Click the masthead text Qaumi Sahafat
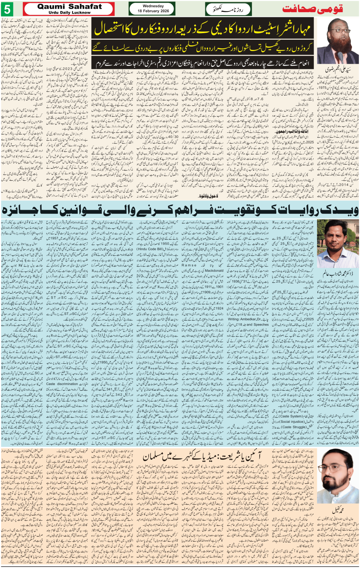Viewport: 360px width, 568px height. click(70, 6)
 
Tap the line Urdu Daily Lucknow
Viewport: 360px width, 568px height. click(70, 13)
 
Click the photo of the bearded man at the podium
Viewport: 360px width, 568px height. click(338, 41)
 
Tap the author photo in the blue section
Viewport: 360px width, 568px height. click(338, 244)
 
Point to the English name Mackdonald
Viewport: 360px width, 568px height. click(214, 271)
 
